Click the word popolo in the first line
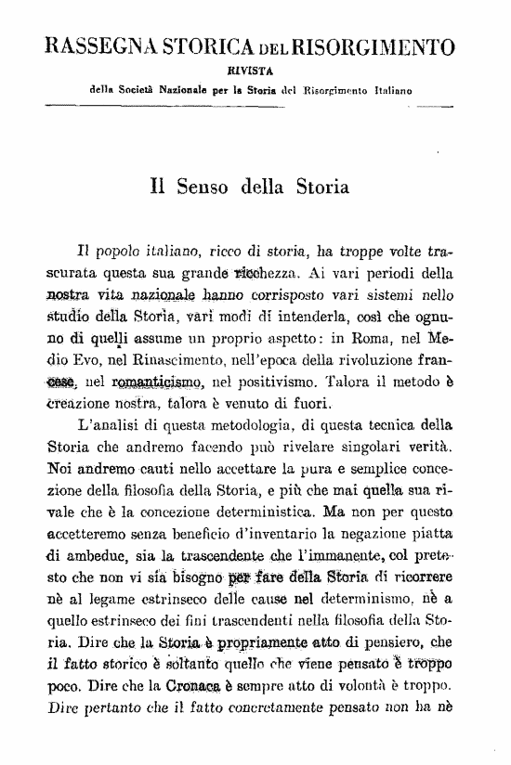pos(113,252)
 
